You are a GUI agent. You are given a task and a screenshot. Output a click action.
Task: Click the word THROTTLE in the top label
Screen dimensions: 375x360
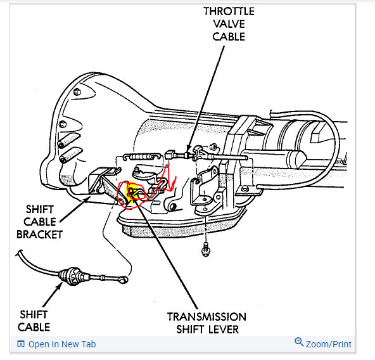(229, 11)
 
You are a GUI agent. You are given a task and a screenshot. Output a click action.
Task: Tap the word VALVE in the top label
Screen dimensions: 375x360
(229, 24)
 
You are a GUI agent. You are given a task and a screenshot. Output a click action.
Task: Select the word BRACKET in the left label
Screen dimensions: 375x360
(39, 235)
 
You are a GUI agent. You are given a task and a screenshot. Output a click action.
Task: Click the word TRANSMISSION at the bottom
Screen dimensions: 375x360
(207, 317)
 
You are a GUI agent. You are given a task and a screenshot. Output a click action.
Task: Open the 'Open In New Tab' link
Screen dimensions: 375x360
(62, 344)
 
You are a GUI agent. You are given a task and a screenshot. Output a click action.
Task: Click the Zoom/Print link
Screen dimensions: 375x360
(329, 344)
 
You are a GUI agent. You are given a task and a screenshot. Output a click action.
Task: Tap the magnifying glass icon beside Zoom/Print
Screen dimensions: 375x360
(299, 342)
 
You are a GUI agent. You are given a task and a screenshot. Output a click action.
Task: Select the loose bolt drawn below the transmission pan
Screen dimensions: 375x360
(206, 250)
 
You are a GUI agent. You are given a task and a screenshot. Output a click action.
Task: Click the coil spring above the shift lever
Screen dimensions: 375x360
(142, 157)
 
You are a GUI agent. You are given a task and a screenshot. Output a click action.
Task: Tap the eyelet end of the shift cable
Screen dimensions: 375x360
(124, 280)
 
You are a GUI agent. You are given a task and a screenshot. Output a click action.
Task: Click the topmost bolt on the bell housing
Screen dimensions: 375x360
(77, 92)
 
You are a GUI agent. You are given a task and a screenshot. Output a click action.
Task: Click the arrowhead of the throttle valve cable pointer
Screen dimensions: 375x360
(189, 149)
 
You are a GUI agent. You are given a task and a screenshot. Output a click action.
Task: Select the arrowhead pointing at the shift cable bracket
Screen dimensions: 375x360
(88, 199)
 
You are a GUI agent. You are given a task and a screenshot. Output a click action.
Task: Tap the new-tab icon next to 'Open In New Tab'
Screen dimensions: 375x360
(21, 344)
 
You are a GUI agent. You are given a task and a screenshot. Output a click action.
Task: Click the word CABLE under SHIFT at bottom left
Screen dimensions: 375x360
(34, 327)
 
